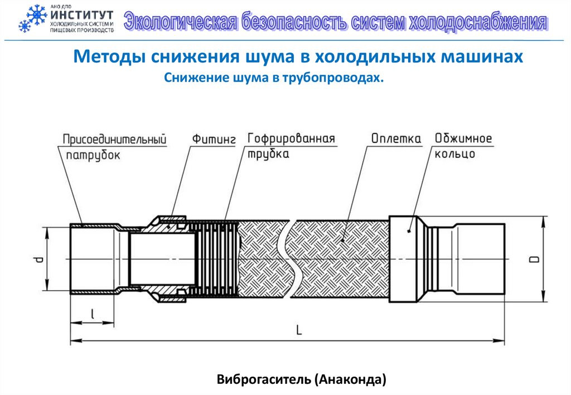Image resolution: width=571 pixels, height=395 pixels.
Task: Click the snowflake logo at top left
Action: coord(32,19)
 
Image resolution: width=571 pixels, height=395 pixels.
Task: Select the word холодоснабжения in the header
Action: coord(477,22)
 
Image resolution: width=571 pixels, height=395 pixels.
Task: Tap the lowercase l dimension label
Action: coord(92,315)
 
